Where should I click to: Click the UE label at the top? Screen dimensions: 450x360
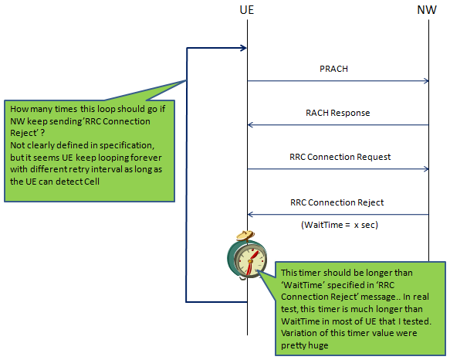click(247, 10)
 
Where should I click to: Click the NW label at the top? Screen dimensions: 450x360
click(427, 10)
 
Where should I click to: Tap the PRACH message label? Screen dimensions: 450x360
click(333, 69)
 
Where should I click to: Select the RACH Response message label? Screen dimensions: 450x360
click(338, 113)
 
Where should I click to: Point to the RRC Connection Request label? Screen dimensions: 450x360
click(340, 157)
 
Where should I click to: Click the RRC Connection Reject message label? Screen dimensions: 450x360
click(337, 202)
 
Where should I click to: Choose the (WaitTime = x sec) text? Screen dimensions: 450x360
click(340, 225)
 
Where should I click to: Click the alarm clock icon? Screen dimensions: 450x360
click(247, 255)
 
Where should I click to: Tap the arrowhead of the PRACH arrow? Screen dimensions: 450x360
click(427, 81)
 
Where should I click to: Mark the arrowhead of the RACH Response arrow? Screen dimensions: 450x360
click(250, 125)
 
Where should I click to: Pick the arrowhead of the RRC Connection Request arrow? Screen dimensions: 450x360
click(427, 169)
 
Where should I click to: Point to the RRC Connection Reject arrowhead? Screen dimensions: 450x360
click(250, 214)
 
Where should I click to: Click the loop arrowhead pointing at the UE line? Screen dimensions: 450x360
click(244, 48)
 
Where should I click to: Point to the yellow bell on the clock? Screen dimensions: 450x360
click(245, 235)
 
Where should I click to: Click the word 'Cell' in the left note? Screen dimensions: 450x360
click(92, 182)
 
